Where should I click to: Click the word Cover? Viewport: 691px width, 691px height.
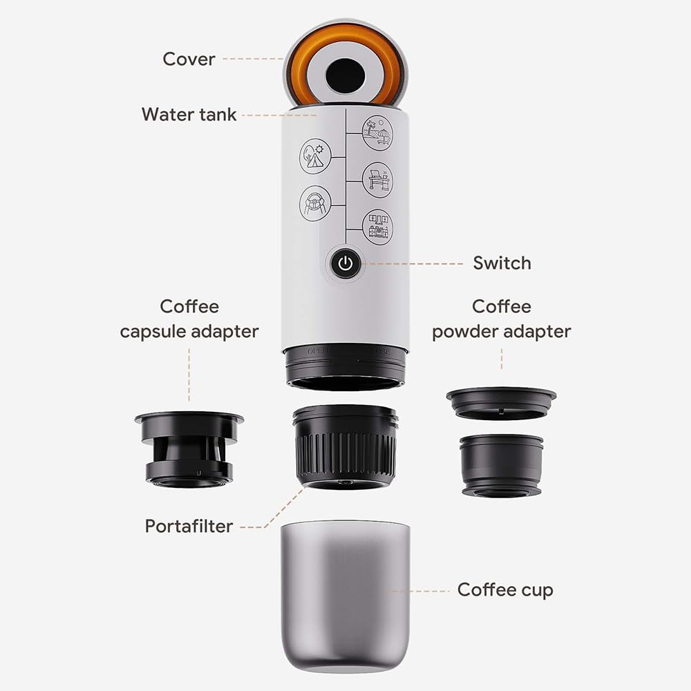[189, 59]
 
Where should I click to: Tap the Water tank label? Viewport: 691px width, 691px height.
[189, 114]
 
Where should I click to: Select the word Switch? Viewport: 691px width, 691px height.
[502, 263]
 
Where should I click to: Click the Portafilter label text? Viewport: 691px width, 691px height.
[189, 526]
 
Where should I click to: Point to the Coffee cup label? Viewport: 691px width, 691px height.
[505, 589]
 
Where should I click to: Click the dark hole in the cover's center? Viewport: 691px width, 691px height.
[344, 70]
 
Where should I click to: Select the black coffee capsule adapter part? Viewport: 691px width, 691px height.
[189, 446]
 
